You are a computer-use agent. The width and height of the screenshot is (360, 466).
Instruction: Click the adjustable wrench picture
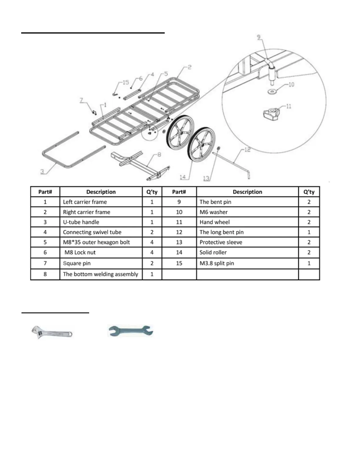click(x=51, y=332)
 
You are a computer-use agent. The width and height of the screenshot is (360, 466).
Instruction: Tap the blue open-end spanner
click(x=131, y=331)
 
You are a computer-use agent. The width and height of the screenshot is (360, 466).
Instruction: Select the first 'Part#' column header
click(x=45, y=192)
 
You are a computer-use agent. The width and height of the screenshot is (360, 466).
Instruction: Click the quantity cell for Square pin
click(x=152, y=263)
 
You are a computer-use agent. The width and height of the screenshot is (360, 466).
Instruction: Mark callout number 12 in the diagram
click(x=247, y=150)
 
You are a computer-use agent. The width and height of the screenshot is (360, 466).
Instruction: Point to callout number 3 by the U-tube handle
click(x=42, y=171)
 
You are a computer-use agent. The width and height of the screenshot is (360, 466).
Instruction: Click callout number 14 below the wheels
click(x=183, y=177)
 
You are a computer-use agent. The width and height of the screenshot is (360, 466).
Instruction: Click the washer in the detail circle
click(x=272, y=92)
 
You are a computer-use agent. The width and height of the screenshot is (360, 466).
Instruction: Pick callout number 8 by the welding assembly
click(x=159, y=154)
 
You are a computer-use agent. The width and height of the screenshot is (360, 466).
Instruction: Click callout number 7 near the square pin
click(x=81, y=100)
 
